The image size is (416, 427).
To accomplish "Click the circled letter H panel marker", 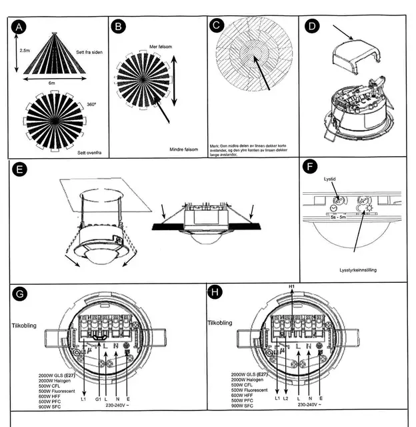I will pyautogui.click(x=215, y=292).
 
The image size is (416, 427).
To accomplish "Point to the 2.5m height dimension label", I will pyautogui.click(x=25, y=51).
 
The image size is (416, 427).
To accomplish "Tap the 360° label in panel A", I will pyautogui.click(x=91, y=104).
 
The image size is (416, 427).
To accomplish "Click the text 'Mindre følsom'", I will pyautogui.click(x=184, y=149).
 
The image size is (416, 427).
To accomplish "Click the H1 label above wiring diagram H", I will pyautogui.click(x=291, y=286).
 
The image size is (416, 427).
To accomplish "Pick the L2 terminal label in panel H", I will pyautogui.click(x=287, y=398).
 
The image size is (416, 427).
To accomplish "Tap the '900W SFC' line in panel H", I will pyautogui.click(x=244, y=406).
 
